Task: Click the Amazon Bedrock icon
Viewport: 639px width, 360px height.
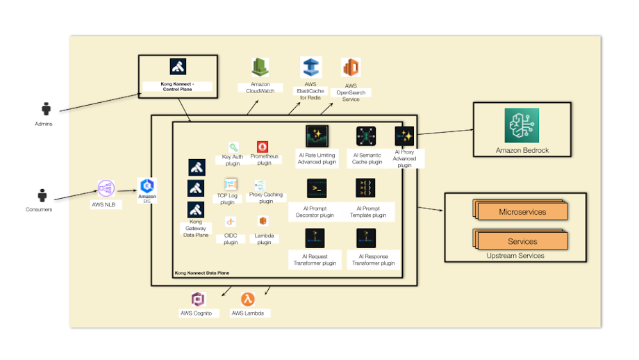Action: click(x=522, y=126)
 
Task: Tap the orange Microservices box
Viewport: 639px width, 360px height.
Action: click(x=522, y=211)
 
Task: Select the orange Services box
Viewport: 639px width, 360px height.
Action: click(x=522, y=241)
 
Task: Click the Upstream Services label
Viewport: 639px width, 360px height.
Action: click(x=515, y=256)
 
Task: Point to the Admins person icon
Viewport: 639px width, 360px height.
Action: click(x=47, y=109)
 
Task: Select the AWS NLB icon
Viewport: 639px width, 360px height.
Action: click(x=106, y=188)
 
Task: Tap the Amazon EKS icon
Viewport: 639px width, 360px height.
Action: click(x=147, y=186)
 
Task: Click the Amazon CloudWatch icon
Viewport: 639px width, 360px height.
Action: click(x=260, y=67)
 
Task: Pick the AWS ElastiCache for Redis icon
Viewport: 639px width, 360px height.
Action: click(x=310, y=67)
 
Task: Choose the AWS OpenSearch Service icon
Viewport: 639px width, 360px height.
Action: click(x=351, y=68)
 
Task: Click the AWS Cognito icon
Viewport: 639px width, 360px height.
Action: click(x=199, y=299)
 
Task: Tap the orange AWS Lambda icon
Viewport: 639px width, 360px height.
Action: click(x=247, y=299)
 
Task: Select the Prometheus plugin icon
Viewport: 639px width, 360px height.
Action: click(x=263, y=147)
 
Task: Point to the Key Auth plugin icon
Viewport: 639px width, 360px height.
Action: click(x=233, y=147)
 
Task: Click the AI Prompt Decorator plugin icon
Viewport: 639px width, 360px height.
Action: click(x=317, y=188)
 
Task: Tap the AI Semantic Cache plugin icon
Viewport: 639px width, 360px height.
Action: click(x=366, y=136)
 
